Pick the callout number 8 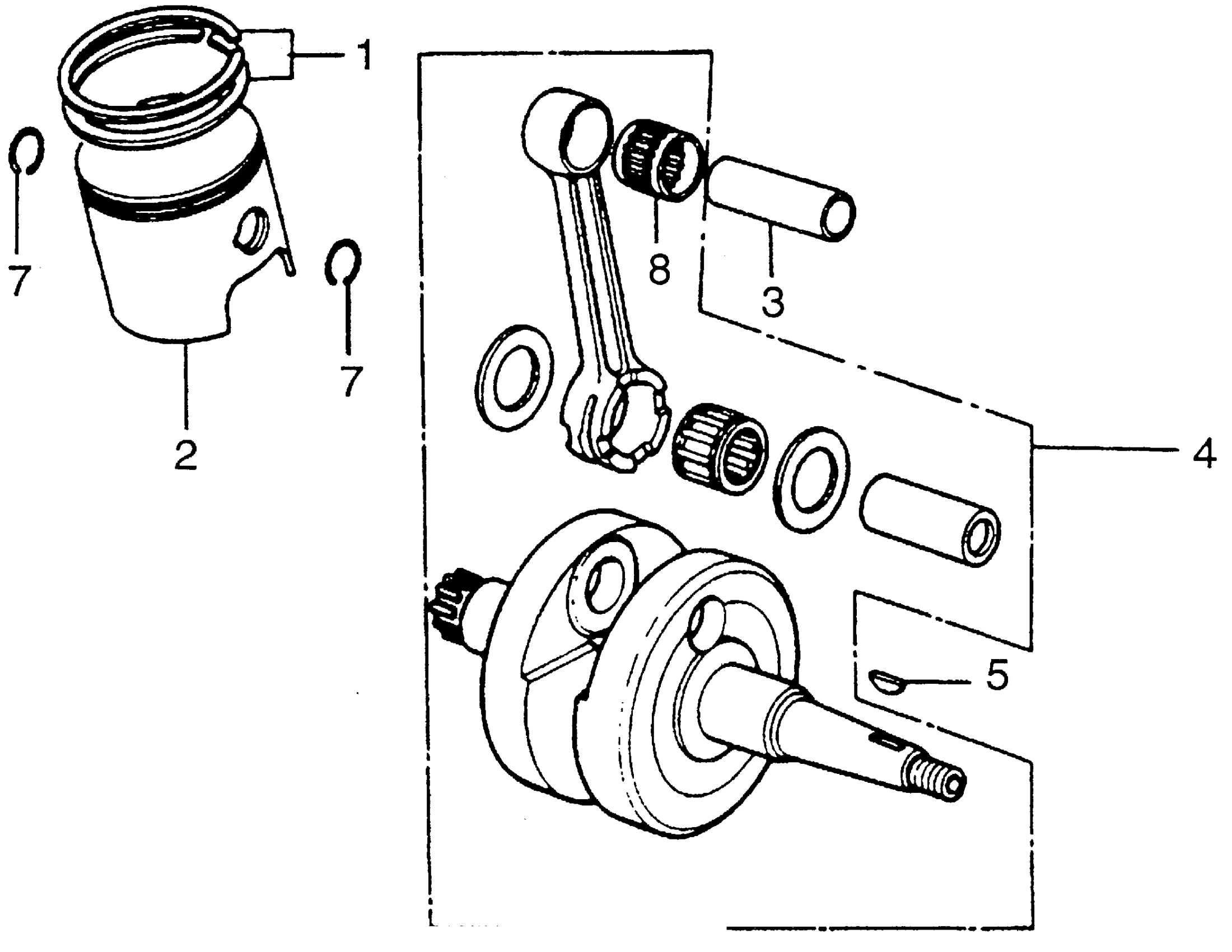[x=659, y=269]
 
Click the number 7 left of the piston [x=20, y=281]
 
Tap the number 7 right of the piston [x=351, y=381]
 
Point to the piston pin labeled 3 [x=781, y=197]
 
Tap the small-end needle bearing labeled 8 [x=658, y=159]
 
